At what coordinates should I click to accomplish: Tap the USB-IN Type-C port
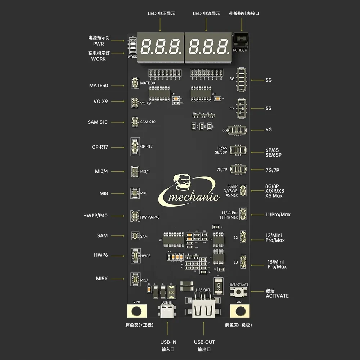[167, 312]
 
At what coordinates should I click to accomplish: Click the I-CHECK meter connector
[240, 39]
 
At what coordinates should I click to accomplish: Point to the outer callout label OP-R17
[100, 147]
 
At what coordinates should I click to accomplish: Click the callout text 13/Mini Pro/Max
[276, 264]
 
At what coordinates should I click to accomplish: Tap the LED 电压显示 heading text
[161, 13]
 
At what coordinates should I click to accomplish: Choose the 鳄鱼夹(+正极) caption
[137, 325]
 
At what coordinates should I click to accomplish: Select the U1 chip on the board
[174, 239]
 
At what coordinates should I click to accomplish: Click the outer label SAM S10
[98, 122]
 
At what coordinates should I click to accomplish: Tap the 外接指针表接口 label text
[244, 13]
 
